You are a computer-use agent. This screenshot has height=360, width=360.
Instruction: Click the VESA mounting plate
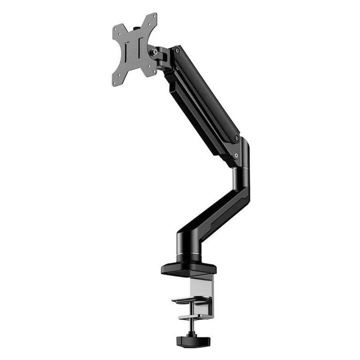[x=134, y=49]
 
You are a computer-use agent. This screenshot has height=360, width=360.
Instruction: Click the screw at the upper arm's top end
[x=176, y=50]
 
